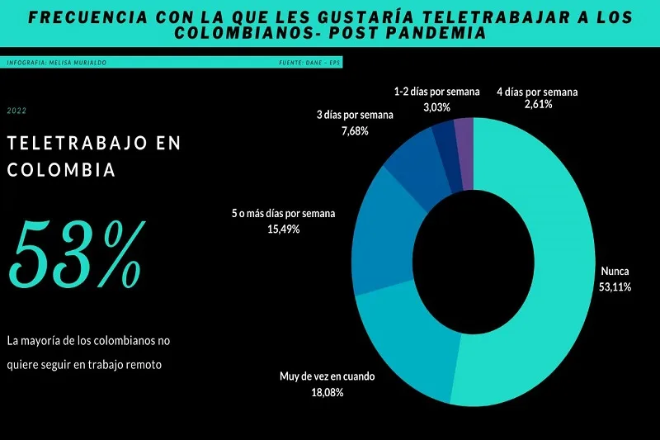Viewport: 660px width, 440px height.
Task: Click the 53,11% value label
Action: [x=615, y=286]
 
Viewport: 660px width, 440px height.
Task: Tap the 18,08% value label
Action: [x=327, y=392]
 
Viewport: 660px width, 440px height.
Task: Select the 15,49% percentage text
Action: [x=283, y=229]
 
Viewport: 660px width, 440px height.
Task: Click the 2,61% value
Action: [x=537, y=105]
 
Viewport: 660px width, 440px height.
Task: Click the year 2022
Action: [x=16, y=110]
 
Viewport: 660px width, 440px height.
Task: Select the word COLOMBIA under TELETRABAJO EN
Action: [x=61, y=172]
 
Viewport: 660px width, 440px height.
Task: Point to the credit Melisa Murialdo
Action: [x=78, y=63]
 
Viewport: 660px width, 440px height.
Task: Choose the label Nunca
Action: [x=615, y=271]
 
